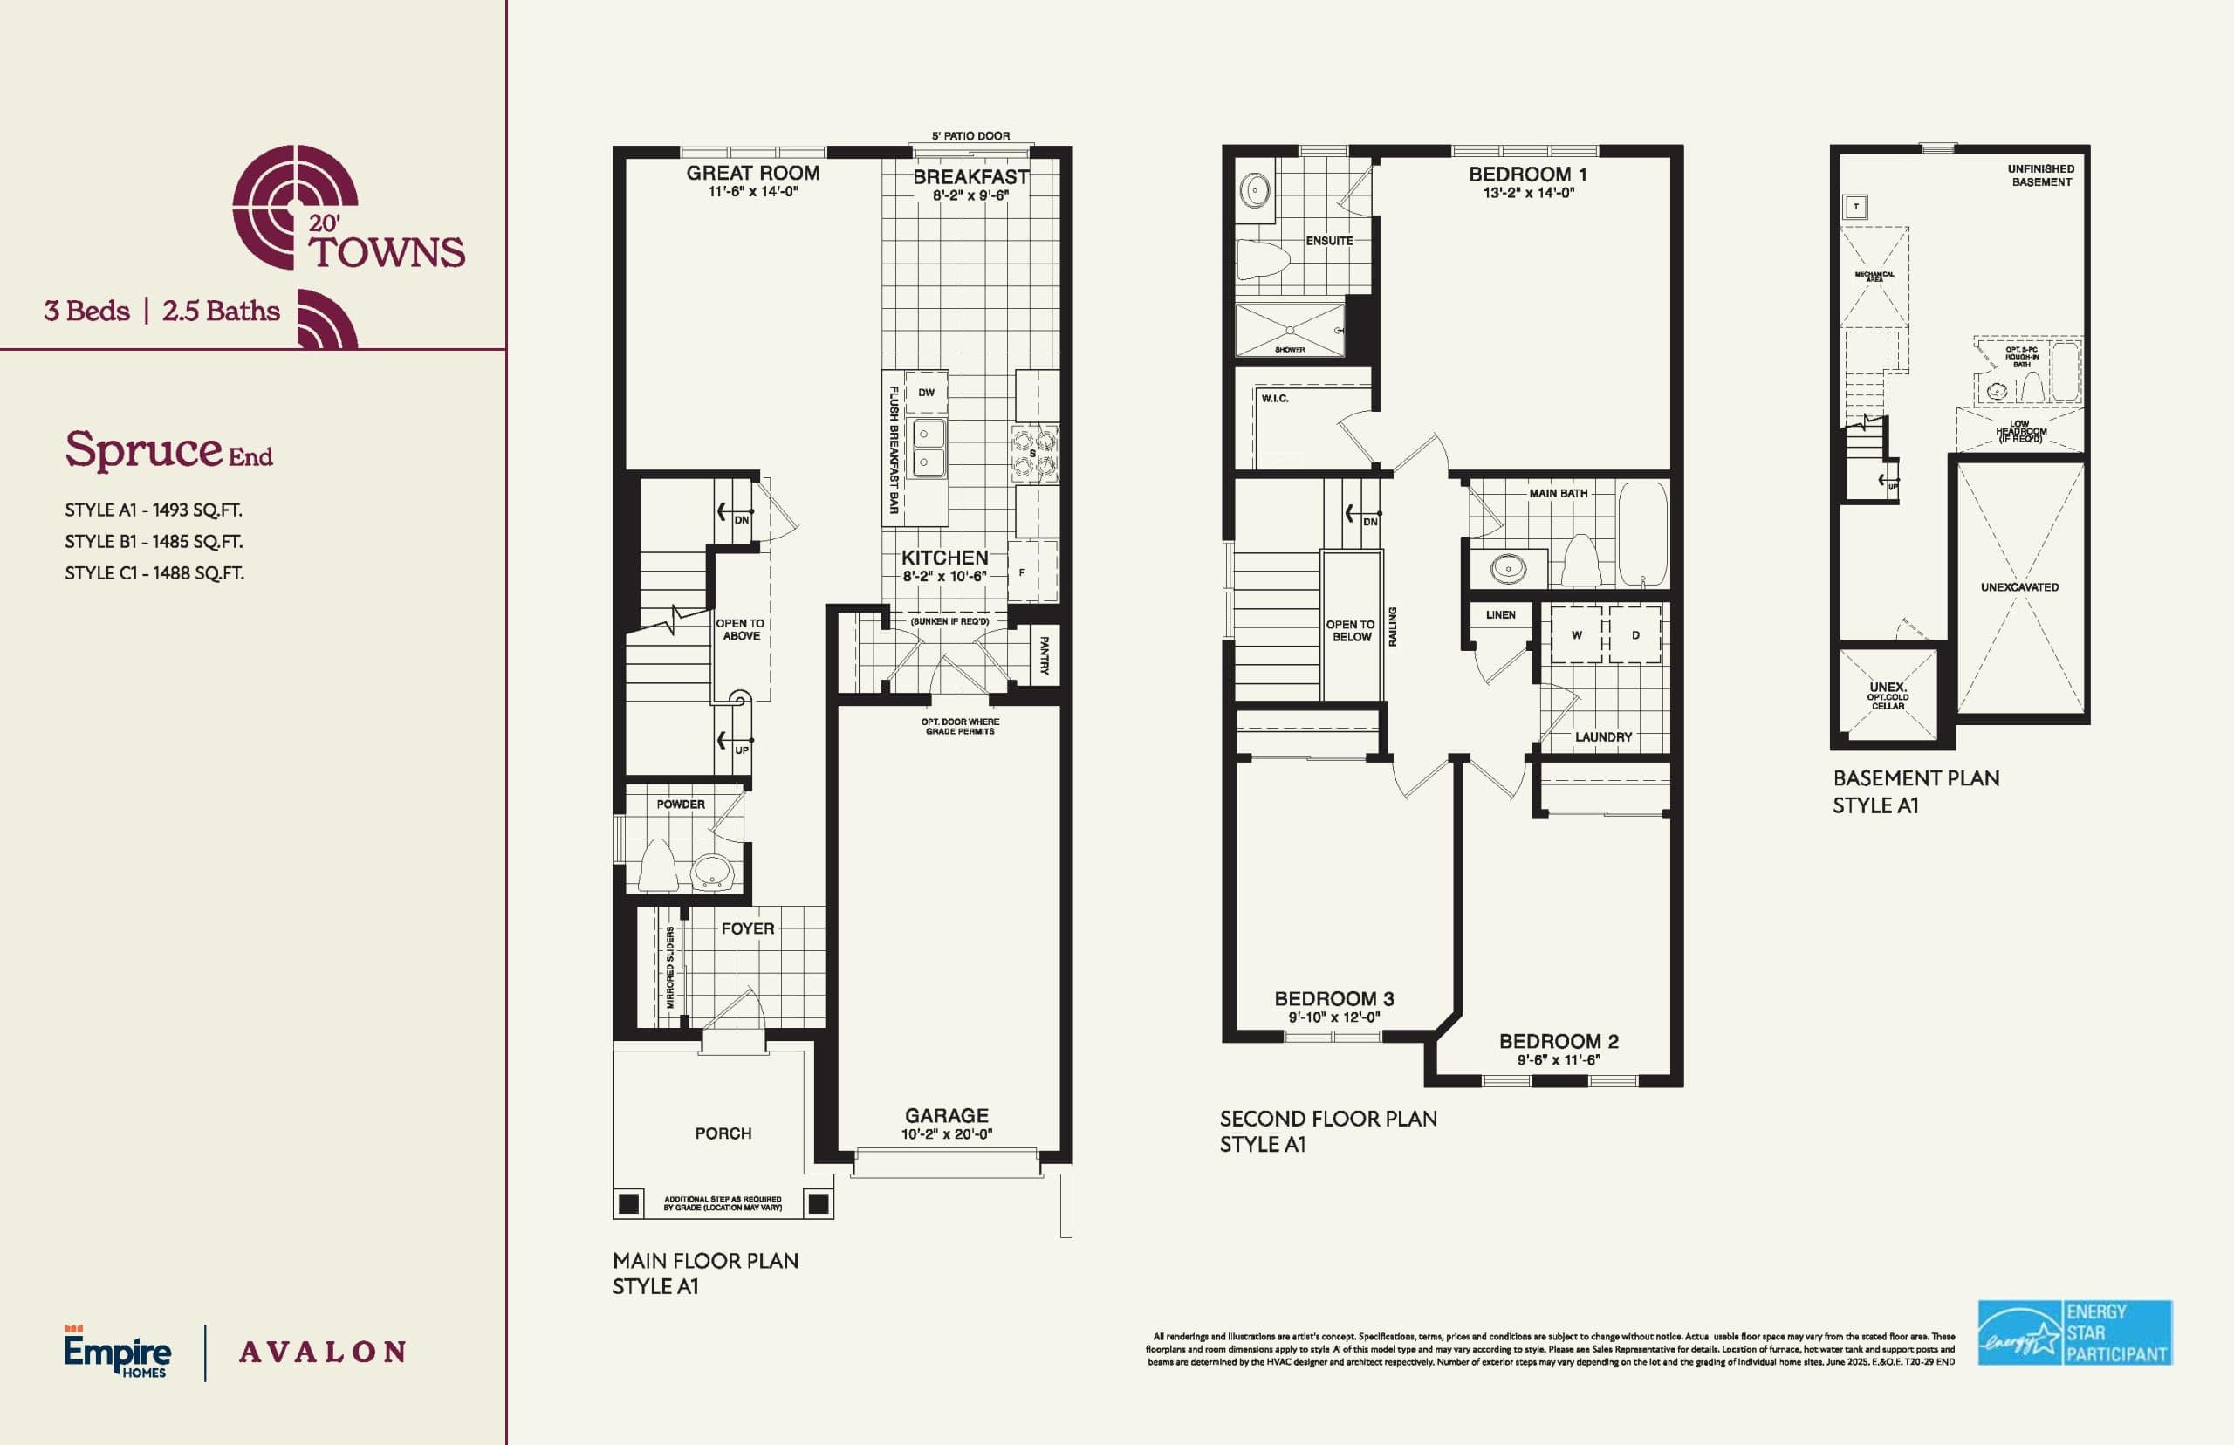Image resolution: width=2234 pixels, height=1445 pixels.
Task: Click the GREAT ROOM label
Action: [x=752, y=173]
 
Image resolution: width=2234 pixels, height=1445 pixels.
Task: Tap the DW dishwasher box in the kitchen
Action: [x=926, y=392]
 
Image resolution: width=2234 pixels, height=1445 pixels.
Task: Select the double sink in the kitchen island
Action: [x=929, y=448]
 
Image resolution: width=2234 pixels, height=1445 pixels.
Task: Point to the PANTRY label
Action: [x=1045, y=655]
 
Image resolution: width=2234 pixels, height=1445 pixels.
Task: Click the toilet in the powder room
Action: [x=658, y=866]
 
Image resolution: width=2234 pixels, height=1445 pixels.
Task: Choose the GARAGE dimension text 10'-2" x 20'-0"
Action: [x=947, y=1134]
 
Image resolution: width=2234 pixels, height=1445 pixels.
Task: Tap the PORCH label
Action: [x=723, y=1133]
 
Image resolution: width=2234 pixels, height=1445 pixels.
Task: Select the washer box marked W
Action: [x=1576, y=635]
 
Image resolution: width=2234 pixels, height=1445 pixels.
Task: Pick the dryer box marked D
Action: [x=1635, y=635]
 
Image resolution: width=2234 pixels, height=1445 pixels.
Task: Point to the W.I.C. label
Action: [x=1274, y=399]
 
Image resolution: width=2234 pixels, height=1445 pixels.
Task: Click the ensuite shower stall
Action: [x=1289, y=331]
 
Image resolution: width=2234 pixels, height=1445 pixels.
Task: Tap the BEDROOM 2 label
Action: [x=1559, y=1042]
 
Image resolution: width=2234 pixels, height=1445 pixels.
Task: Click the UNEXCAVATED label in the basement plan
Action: [x=2019, y=587]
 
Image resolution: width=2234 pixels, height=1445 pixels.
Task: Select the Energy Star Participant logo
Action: [x=2074, y=1332]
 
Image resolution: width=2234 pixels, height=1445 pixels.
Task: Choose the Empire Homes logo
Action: [x=118, y=1353]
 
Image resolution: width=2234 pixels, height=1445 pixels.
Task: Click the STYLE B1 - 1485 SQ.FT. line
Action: [x=154, y=541]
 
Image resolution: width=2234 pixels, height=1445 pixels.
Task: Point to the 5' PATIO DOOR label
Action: [x=970, y=136]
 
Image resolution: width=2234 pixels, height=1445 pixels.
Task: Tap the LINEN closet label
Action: [x=1500, y=614]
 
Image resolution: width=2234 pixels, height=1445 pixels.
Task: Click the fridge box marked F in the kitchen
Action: [x=1023, y=572]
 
